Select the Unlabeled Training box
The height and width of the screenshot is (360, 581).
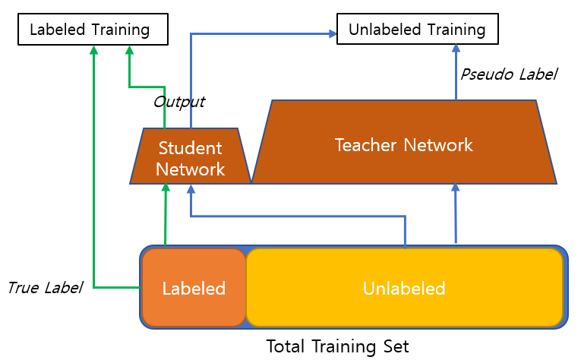tap(417, 30)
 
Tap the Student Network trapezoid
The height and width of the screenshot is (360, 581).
tap(190, 157)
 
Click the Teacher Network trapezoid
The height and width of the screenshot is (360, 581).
tap(404, 144)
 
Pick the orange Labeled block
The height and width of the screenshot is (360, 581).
tap(194, 289)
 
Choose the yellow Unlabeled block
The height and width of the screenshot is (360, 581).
tap(403, 289)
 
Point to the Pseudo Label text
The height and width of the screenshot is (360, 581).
tap(508, 74)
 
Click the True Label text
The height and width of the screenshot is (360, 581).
tap(44, 288)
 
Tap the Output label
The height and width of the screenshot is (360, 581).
tap(178, 101)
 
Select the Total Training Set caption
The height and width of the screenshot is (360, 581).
tap(337, 347)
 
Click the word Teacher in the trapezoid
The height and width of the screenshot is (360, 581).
tap(364, 144)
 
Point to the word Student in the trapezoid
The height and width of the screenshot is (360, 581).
tap(190, 148)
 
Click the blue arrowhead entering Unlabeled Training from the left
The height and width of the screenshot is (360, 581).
tap(333, 33)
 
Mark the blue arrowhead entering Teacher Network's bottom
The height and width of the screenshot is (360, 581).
tap(456, 188)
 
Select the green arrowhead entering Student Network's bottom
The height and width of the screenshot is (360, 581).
tap(165, 188)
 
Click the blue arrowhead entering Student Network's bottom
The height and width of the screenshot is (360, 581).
tap(190, 188)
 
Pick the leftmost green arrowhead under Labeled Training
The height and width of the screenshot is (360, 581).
tap(93, 49)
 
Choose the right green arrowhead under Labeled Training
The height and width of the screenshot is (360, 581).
tap(130, 49)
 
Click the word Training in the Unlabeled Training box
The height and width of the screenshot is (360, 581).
tap(449, 30)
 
